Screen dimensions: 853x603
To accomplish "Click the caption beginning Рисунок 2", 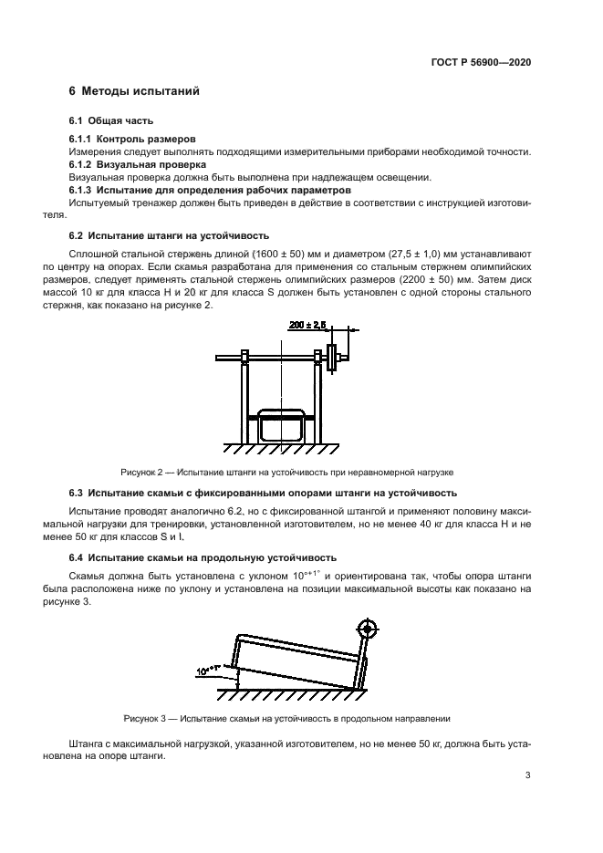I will pos(286,473).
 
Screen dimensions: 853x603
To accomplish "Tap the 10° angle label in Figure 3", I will pos(207,671).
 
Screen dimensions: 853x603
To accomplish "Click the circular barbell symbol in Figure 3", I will pos(367,629).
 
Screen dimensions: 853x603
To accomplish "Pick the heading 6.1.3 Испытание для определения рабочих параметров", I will pos(210,190).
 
